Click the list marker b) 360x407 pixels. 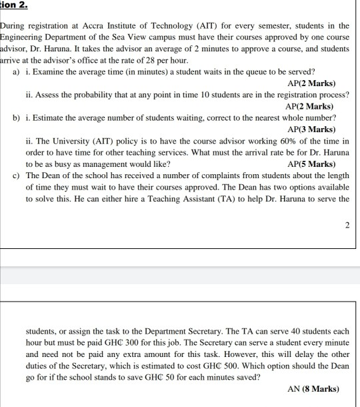tap(16, 117)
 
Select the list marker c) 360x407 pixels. tap(16, 175)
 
